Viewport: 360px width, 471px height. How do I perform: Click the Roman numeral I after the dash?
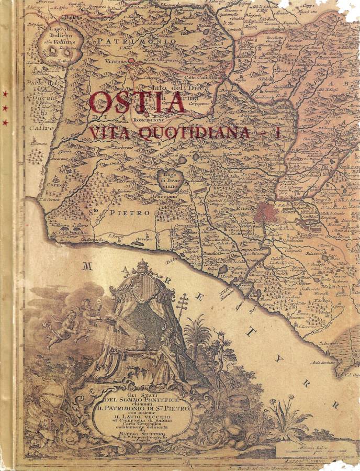[278, 133]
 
